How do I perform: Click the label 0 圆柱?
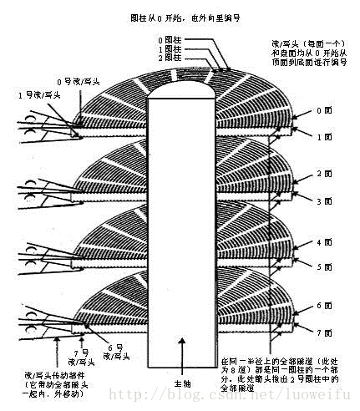pyautogui.click(x=168, y=39)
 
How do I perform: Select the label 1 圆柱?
pyautogui.click(x=168, y=48)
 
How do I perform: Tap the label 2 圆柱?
pyautogui.click(x=168, y=58)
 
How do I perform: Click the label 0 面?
pyautogui.click(x=325, y=111)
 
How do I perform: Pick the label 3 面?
pyautogui.click(x=325, y=201)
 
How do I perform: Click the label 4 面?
pyautogui.click(x=325, y=242)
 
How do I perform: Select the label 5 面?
pyautogui.click(x=325, y=267)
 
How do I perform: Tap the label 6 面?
pyautogui.click(x=325, y=307)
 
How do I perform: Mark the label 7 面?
pyautogui.click(x=325, y=332)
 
